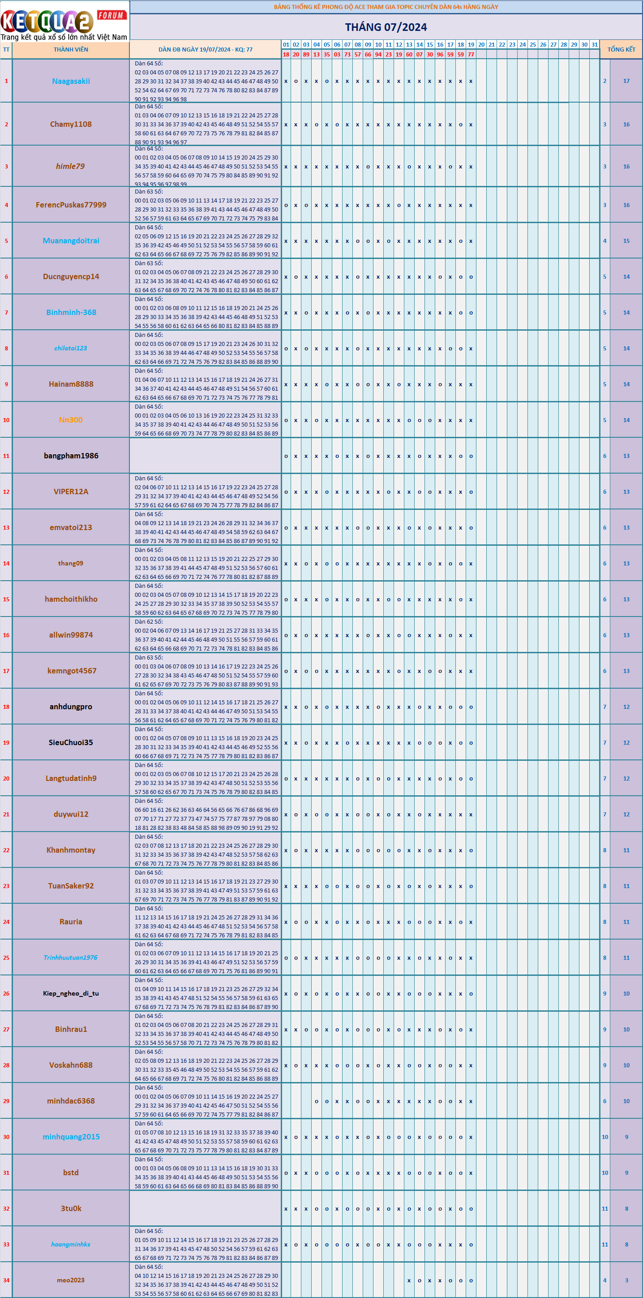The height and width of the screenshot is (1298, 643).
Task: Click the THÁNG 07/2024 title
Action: click(386, 27)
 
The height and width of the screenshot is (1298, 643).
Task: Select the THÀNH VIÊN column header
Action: click(71, 49)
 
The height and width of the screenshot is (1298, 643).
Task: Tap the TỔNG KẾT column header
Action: click(621, 49)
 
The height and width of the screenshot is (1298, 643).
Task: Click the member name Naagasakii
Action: click(71, 81)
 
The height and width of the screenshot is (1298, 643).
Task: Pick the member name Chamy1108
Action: click(71, 124)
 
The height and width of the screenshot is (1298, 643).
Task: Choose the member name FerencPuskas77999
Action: click(71, 205)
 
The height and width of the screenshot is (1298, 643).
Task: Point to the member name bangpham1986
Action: click(71, 456)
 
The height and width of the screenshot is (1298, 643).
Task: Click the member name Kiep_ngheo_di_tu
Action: click(71, 993)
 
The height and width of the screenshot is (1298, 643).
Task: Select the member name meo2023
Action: click(71, 1280)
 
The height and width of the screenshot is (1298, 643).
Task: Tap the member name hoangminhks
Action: click(71, 1244)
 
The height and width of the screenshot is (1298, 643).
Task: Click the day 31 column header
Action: click(595, 44)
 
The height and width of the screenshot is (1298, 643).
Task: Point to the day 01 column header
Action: click(286, 44)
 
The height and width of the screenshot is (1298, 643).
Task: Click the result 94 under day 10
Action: click(378, 54)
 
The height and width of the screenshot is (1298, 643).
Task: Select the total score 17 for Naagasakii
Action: click(626, 81)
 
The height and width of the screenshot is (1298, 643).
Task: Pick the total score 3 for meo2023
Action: click(626, 1280)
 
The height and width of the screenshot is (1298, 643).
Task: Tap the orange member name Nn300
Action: click(71, 420)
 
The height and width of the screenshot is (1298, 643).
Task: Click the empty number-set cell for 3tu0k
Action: click(206, 1208)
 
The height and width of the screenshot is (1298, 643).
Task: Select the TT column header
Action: click(6, 49)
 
